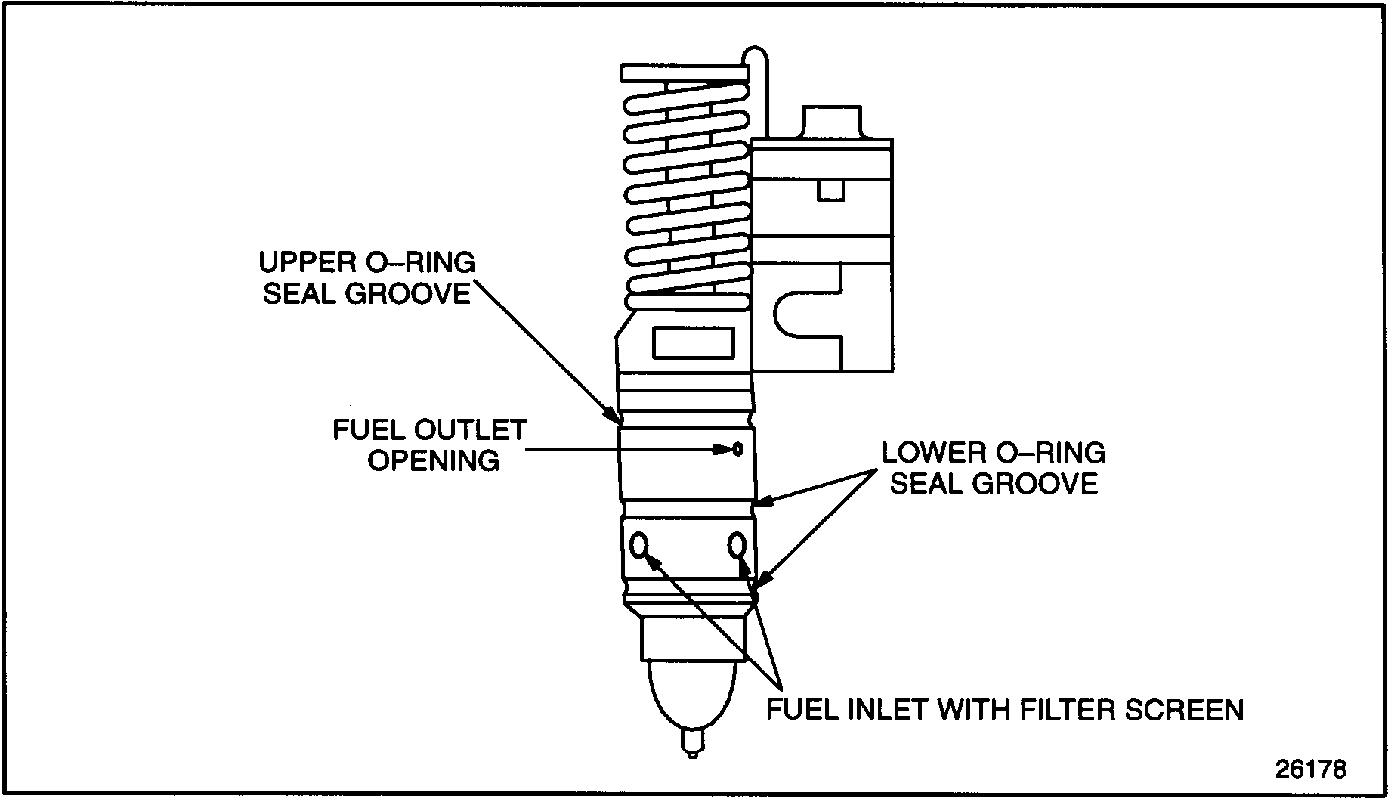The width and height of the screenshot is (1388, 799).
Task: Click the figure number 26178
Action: tap(1310, 770)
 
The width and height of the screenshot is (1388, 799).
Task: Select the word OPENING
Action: tap(434, 460)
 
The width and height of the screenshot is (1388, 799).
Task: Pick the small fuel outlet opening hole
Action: tap(737, 450)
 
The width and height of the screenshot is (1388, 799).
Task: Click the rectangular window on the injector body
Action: tap(693, 342)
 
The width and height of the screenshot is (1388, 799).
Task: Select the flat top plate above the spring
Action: tap(685, 73)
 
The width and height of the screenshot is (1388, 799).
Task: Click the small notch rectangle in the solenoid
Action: tap(830, 190)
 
